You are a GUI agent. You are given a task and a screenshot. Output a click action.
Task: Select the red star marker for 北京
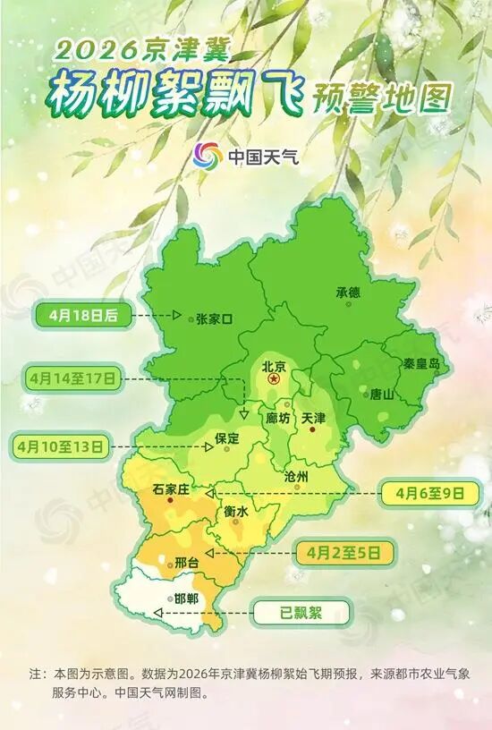pyautogui.click(x=275, y=380)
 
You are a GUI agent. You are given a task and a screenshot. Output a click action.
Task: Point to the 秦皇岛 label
pyautogui.click(x=421, y=363)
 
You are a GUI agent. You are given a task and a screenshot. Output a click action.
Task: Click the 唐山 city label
pyautogui.click(x=381, y=394)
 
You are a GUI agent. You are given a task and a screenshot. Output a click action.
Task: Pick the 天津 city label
pyautogui.click(x=314, y=418)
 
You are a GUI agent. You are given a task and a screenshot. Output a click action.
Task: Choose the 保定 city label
pyautogui.click(x=228, y=438)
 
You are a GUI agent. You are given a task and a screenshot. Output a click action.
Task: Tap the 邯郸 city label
pyautogui.click(x=186, y=599)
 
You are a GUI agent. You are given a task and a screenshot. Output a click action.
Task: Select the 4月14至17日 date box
pyautogui.click(x=72, y=379)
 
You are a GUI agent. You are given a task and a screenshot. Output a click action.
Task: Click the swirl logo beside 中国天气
pyautogui.click(x=207, y=156)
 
